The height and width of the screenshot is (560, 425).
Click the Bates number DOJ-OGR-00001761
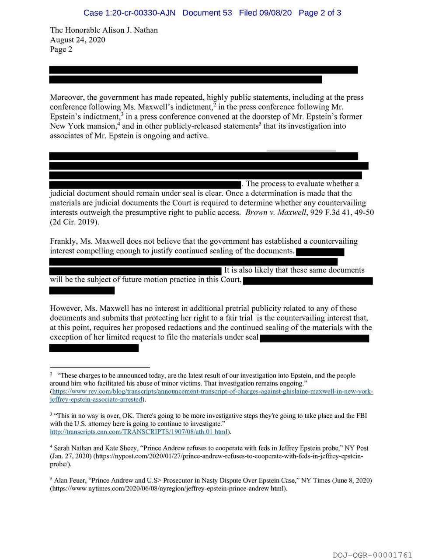(x=372, y=555)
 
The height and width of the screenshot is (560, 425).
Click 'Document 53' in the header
(x=207, y=13)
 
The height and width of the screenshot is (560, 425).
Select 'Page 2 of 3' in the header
(x=320, y=13)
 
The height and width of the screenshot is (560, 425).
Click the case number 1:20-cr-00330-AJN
(x=129, y=13)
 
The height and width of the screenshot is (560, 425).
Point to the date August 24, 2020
(x=77, y=40)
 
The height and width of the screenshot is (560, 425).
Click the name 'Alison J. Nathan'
(x=130, y=30)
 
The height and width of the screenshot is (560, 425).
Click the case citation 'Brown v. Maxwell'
(x=275, y=213)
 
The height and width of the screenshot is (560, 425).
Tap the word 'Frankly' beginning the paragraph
(x=63, y=241)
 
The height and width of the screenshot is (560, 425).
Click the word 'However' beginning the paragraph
(x=66, y=308)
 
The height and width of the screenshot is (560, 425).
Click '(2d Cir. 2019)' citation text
(x=74, y=222)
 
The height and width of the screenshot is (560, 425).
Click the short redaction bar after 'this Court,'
(x=82, y=290)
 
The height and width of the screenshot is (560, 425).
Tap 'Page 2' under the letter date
(x=61, y=49)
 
